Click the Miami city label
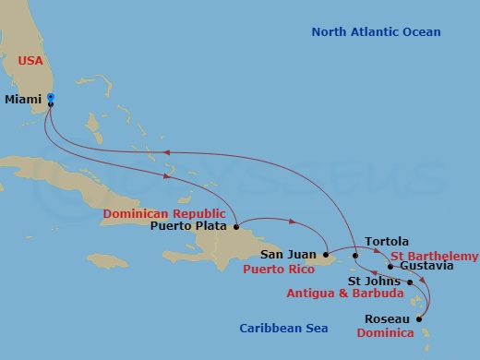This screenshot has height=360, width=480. tap(22, 97)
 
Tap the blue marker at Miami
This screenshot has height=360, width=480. tap(50, 97)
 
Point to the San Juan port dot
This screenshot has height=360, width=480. tap(326, 254)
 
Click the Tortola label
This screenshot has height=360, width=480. tap(387, 242)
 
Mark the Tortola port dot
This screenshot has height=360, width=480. tap(355, 254)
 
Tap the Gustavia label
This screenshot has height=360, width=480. tap(427, 266)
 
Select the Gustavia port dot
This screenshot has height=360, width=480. tap(390, 267)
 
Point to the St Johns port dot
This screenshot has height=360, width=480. tap(409, 281)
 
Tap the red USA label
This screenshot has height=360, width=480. tap(31, 61)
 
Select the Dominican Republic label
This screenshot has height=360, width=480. tap(165, 212)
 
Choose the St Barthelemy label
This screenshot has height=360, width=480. tap(434, 255)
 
